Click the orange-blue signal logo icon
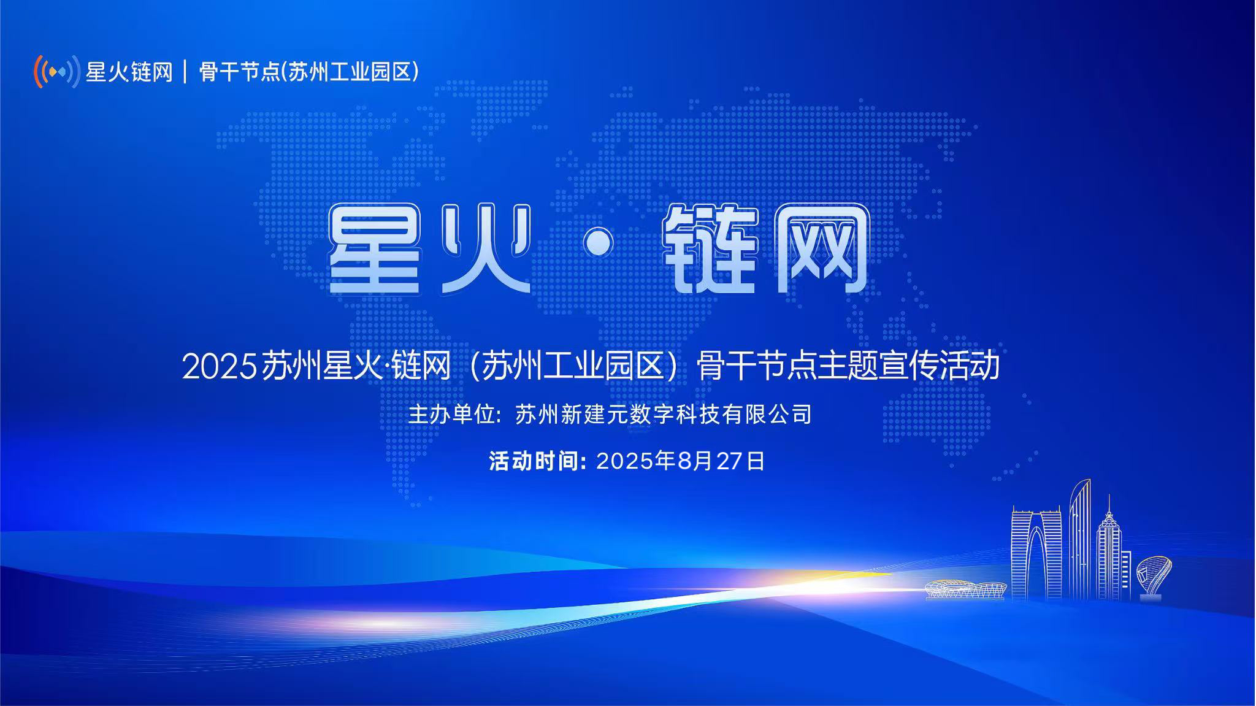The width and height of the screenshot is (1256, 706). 57,72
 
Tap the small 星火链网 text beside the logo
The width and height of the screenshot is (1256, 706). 129,72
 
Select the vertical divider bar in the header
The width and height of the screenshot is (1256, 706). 186,72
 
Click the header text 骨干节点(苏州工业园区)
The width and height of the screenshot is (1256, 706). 309,72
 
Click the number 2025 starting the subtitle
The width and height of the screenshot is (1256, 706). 219,367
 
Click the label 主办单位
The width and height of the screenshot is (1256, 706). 451,414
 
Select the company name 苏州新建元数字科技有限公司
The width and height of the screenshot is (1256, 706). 664,414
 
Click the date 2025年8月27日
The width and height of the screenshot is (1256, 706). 681,461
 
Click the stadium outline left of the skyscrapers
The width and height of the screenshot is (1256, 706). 965,589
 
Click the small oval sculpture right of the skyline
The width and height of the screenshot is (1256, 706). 1153,576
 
